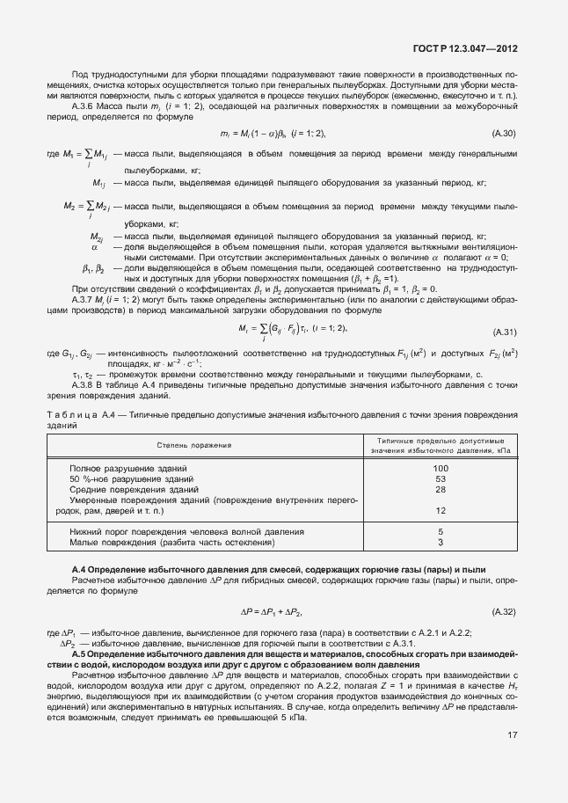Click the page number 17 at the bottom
click(511, 759)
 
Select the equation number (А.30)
click(504, 133)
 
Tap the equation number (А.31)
click(504, 307)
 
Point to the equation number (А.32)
click(504, 610)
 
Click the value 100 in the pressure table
click(441, 469)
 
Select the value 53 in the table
click(441, 478)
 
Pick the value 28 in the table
click(441, 489)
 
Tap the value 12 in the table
click(441, 510)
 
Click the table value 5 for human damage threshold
click(441, 532)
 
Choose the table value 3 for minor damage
click(441, 543)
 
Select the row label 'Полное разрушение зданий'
click(128, 469)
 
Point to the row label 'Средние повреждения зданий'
click(134, 489)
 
